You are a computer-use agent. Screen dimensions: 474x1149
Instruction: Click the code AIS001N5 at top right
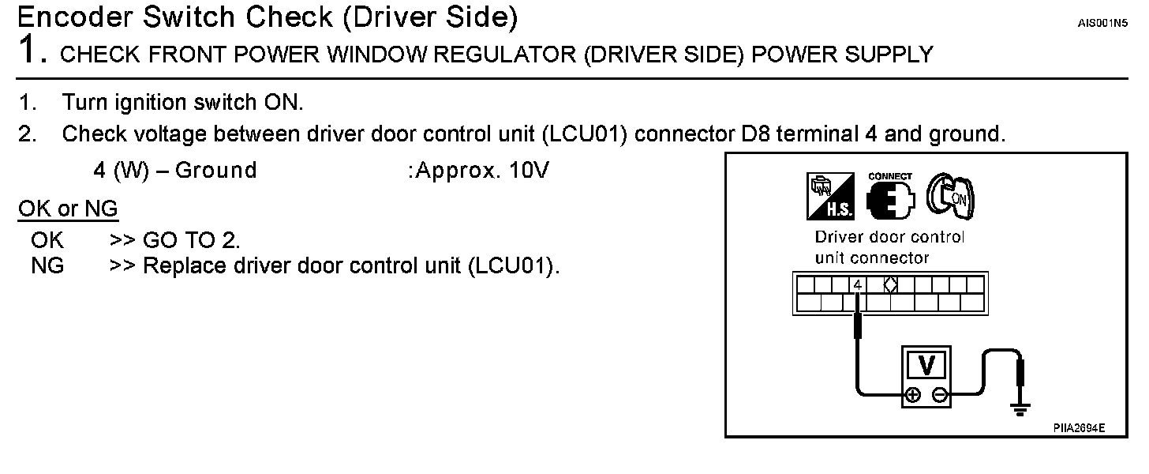1103,23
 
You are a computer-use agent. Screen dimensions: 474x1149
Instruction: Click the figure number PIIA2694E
1079,427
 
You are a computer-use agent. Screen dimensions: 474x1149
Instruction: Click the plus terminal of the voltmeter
912,396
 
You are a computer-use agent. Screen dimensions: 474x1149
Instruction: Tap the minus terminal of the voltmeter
940,396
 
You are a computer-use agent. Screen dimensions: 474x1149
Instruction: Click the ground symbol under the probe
1022,409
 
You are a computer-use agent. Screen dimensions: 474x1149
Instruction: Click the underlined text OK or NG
68,209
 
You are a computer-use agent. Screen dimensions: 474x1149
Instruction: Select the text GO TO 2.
191,239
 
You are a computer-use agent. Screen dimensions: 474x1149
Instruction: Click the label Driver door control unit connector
889,247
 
